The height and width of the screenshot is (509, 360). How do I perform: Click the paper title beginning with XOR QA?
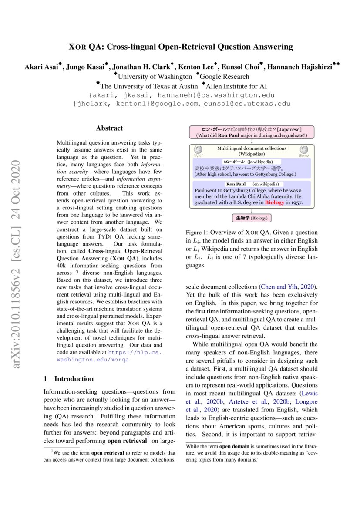click(x=180, y=47)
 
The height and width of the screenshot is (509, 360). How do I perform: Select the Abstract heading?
click(x=109, y=128)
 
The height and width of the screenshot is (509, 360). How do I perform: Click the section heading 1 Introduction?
click(x=68, y=379)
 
